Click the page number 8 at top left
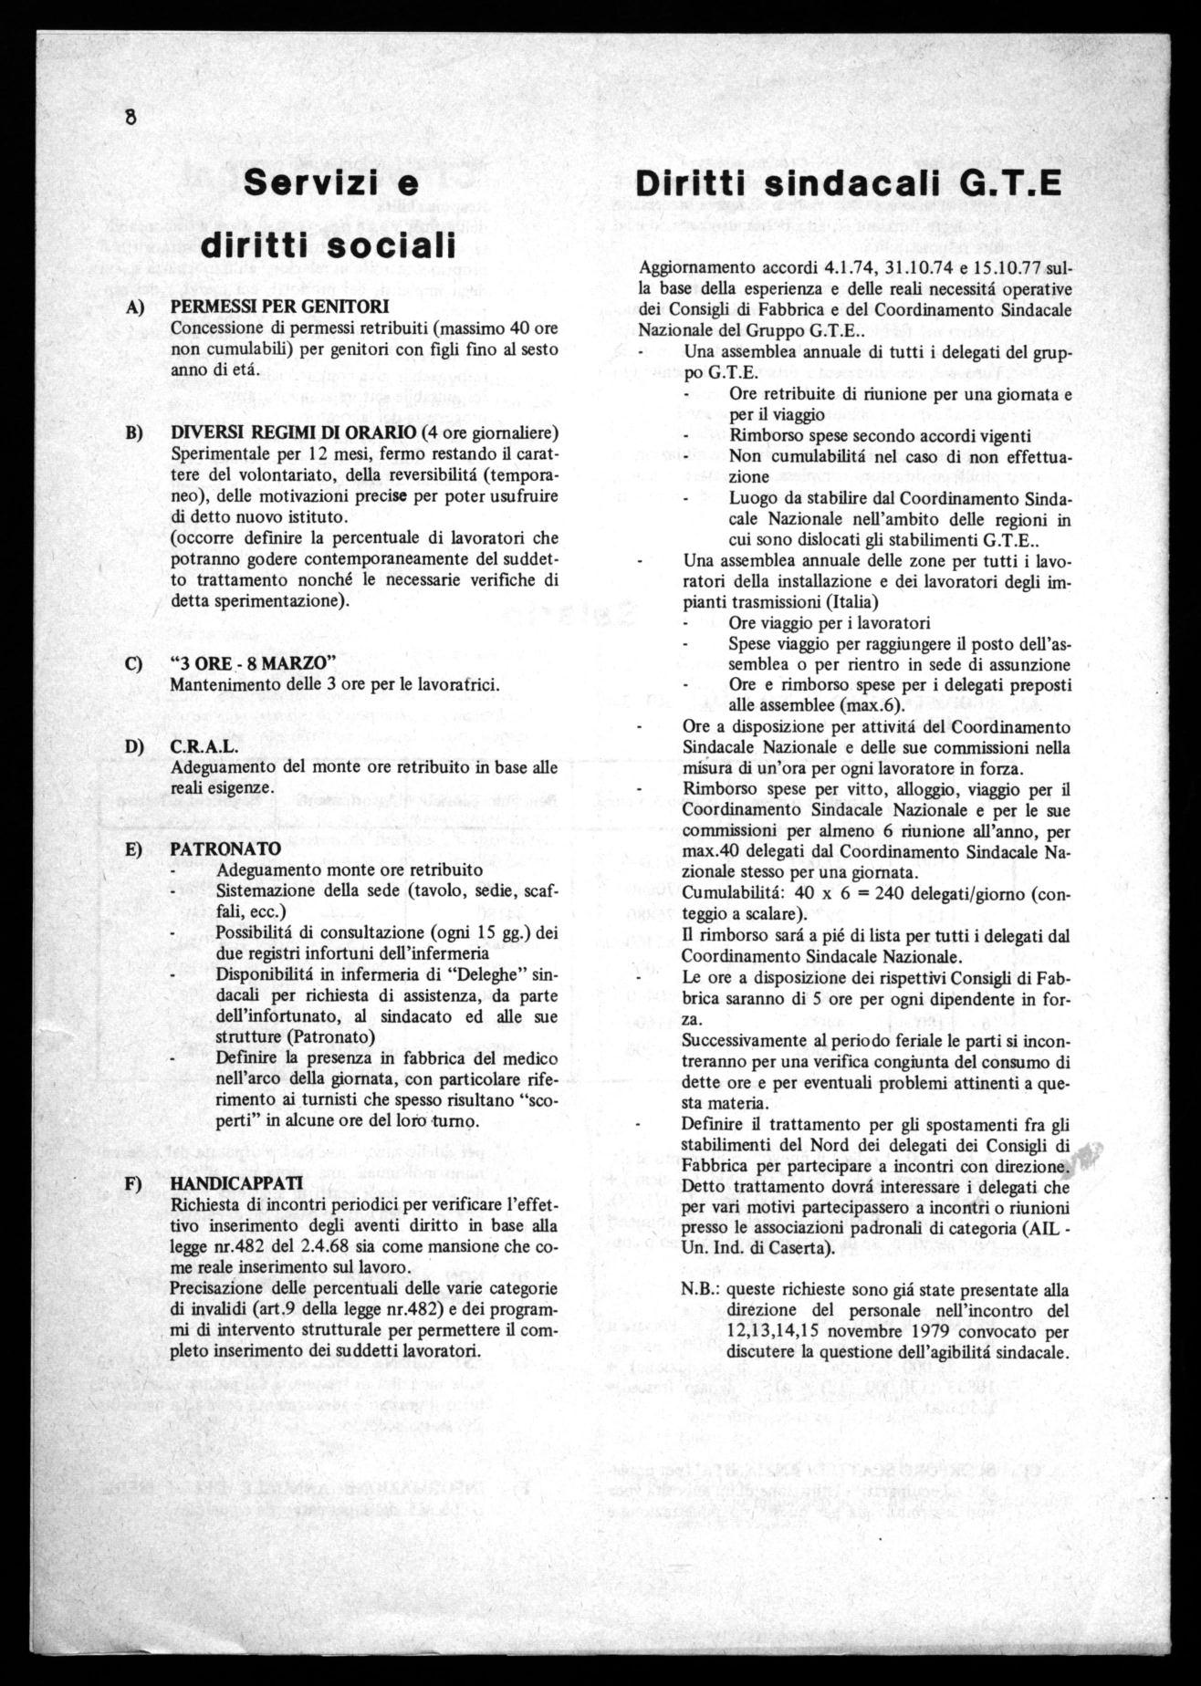click(131, 118)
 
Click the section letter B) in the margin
click(135, 431)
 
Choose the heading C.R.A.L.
click(199, 746)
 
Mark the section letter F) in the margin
click(135, 1182)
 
